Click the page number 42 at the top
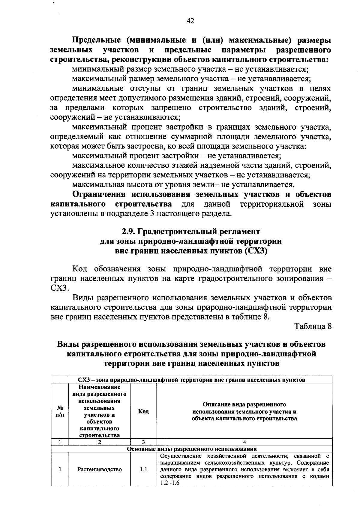(190, 20)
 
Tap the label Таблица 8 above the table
(313, 326)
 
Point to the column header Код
(143, 411)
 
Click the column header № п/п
(60, 411)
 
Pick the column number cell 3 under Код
(143, 442)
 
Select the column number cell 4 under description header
(244, 442)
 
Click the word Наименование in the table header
(100, 387)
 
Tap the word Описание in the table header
(217, 404)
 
